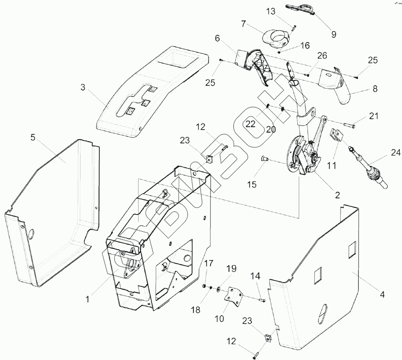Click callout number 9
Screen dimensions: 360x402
(x=333, y=34)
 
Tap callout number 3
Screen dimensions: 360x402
(x=83, y=88)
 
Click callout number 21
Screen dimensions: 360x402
(x=374, y=115)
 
